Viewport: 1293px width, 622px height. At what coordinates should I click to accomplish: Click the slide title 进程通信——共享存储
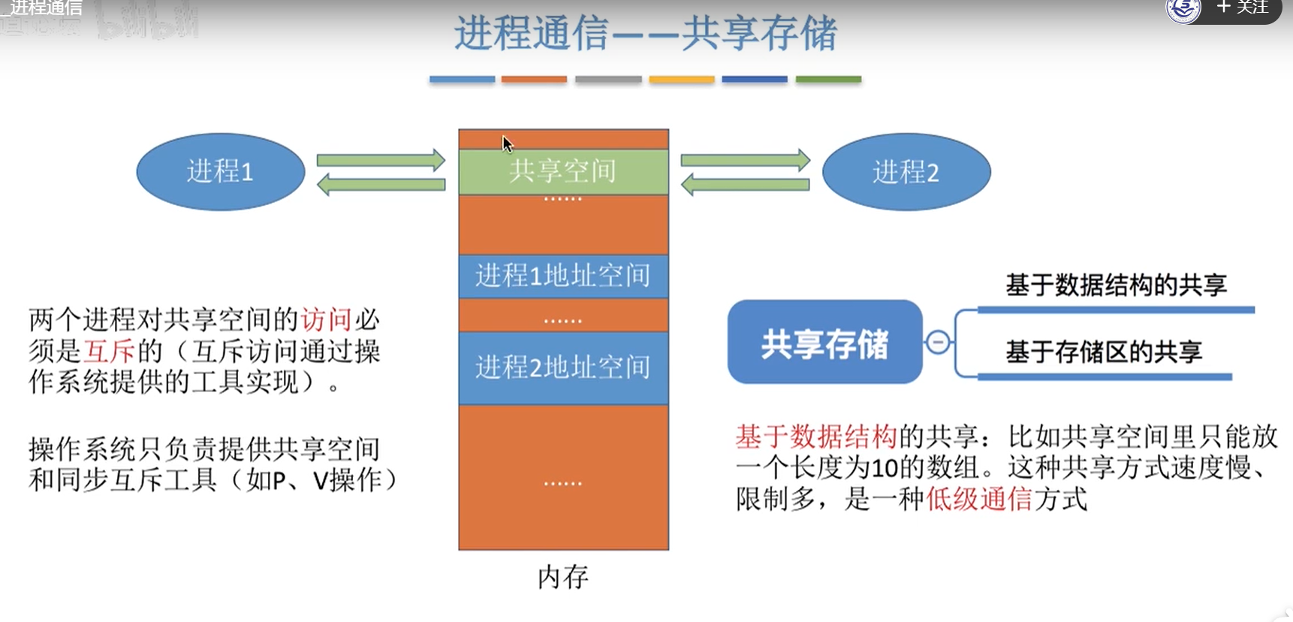pos(646,34)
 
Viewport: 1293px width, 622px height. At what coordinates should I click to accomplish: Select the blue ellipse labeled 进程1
pos(220,172)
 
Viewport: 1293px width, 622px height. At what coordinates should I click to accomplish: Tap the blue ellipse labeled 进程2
pos(906,172)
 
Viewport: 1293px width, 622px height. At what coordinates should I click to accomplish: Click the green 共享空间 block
pos(563,171)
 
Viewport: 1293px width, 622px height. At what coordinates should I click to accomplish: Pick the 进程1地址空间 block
pos(563,276)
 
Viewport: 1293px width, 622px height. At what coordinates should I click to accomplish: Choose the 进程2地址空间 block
pos(563,367)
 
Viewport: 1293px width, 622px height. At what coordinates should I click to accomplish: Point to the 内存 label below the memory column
pos(563,577)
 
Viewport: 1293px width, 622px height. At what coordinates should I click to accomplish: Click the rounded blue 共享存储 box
pos(824,343)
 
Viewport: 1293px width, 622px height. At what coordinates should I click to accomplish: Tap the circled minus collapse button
pos(938,343)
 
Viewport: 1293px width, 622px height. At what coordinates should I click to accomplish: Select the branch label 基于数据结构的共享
pos(1116,285)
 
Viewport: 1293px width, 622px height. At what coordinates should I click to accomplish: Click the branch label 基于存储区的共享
pos(1104,352)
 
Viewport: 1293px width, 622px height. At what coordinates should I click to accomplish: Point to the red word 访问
pos(327,320)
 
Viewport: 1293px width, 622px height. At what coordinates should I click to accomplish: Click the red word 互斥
pos(110,351)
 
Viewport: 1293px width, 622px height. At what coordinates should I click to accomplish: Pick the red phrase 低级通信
pos(979,499)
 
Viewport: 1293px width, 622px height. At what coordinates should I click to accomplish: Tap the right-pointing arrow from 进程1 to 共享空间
pos(381,160)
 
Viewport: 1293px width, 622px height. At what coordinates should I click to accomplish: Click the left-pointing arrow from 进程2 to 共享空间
pos(745,185)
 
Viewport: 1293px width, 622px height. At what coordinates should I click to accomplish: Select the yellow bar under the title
pos(681,79)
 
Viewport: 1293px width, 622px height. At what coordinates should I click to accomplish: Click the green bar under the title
pos(828,79)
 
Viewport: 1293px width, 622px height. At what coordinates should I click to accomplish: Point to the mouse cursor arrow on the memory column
pos(507,143)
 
